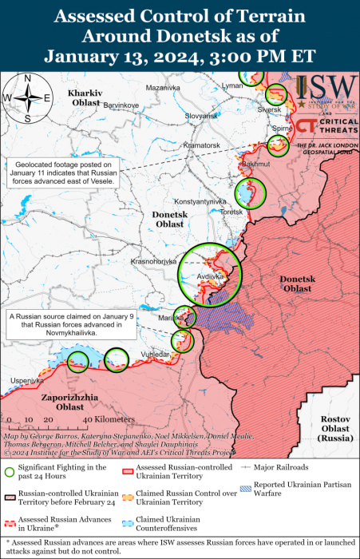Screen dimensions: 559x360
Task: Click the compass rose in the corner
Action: pos(27,98)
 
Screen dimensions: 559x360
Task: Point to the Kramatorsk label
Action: pos(200,145)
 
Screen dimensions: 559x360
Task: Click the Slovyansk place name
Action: pos(201,116)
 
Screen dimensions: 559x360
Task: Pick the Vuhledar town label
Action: pos(156,354)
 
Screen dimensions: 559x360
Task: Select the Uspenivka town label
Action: pos(27,381)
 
